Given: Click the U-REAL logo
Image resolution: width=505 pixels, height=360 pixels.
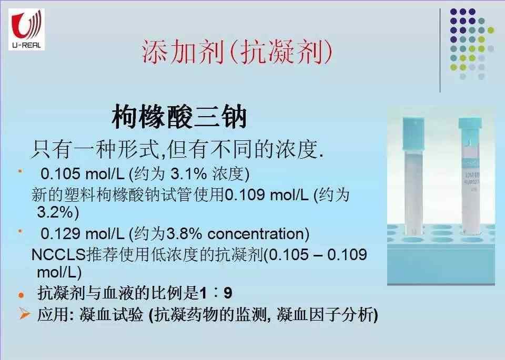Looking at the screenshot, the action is (26, 29).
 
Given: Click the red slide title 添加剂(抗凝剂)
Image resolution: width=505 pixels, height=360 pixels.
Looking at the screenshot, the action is (237, 52).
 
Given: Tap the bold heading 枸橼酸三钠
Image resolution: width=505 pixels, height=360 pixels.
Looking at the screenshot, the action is (179, 117).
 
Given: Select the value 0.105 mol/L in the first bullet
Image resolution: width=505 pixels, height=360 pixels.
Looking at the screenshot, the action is (83, 174).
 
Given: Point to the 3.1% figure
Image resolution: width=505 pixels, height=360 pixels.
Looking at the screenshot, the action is (188, 174).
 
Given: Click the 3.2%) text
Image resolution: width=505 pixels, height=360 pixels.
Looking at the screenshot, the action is (58, 212).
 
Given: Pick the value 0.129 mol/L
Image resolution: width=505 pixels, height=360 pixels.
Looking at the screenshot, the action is (83, 234).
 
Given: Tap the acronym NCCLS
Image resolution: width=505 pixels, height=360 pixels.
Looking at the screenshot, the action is (58, 255).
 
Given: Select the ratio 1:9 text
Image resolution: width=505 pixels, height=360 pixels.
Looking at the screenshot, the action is (216, 293).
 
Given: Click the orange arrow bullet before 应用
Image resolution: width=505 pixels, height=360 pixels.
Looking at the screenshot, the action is (25, 314).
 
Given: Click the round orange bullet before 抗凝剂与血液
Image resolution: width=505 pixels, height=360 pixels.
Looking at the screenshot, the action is (21, 295).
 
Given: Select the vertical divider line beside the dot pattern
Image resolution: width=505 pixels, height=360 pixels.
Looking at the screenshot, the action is (440, 50).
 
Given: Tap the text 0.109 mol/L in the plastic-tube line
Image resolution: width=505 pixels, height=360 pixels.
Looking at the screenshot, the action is (266, 195).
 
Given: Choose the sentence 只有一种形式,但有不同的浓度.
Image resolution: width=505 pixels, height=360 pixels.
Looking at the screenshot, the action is (177, 150).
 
